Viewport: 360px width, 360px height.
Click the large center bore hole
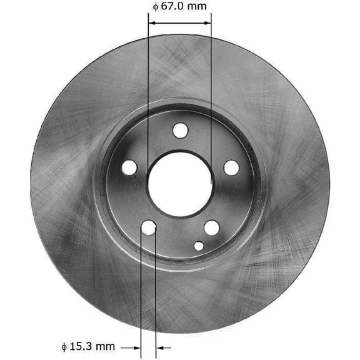pyautogui.click(x=180, y=182)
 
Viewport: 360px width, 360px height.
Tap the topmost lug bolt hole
pyautogui.click(x=180, y=131)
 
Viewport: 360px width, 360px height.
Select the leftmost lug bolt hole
pyautogui.click(x=129, y=167)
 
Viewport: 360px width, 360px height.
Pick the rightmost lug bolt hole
pyautogui.click(x=231, y=167)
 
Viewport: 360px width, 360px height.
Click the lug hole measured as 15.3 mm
pyautogui.click(x=149, y=227)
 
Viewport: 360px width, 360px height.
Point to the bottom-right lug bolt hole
pyautogui.click(x=212, y=227)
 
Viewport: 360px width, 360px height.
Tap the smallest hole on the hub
pyautogui.click(x=199, y=246)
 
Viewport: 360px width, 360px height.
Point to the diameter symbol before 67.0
pyautogui.click(x=155, y=7)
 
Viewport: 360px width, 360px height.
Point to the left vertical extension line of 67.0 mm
pyautogui.click(x=148, y=94)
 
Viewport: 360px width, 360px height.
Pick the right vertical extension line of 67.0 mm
pyautogui.click(x=211, y=94)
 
